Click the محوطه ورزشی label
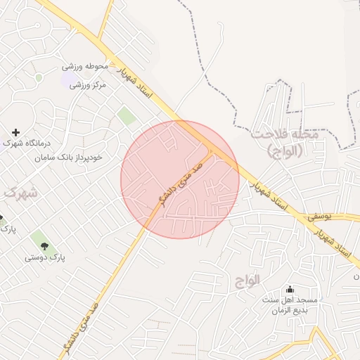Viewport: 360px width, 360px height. (x=85, y=67)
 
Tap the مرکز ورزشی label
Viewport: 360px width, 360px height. (x=88, y=85)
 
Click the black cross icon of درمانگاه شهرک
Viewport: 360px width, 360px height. (x=15, y=132)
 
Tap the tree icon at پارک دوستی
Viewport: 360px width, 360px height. (x=45, y=246)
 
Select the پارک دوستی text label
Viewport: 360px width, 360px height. (x=45, y=258)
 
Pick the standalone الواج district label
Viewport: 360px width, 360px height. (x=247, y=280)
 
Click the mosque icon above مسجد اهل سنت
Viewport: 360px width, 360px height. (x=290, y=290)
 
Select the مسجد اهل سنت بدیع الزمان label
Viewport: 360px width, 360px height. (x=290, y=305)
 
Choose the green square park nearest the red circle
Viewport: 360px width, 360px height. (x=127, y=115)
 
